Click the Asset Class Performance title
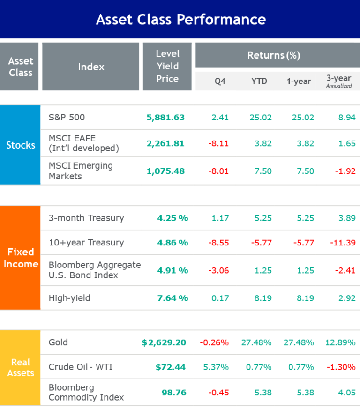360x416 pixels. coord(180,20)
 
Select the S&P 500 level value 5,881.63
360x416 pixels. coord(165,118)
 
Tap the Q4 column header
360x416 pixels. coord(220,81)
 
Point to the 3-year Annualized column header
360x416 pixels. coord(339,81)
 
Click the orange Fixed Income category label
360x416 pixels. coord(21,258)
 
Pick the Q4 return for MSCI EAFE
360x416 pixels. coord(218,143)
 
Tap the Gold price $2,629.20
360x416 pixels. coord(164,343)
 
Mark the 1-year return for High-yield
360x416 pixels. coord(300,298)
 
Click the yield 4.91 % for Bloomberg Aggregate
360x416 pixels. coord(172,270)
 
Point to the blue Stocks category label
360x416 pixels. coord(21,145)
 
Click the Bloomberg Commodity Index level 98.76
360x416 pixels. coord(174,392)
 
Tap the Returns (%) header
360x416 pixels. coord(273,55)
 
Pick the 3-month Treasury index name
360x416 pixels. coord(86,218)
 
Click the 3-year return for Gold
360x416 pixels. coord(340,342)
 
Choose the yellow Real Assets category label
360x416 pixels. coord(21,368)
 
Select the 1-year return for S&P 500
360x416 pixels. coord(300,118)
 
